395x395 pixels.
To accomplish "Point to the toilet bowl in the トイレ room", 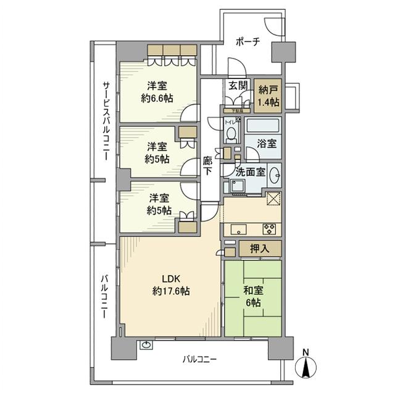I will [x=231, y=133].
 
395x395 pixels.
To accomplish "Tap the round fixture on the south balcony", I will [x=146, y=345].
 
